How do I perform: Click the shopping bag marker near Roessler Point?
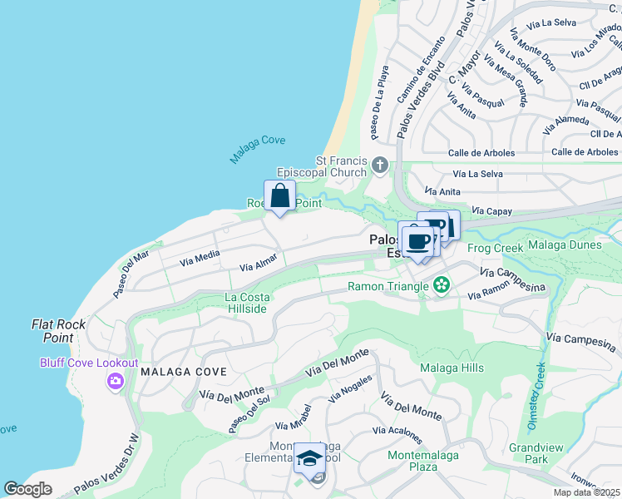click(280, 197)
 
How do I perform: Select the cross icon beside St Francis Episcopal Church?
click(380, 163)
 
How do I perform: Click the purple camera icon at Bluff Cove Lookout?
click(114, 381)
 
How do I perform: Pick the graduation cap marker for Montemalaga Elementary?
click(309, 459)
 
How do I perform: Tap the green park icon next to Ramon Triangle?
click(442, 286)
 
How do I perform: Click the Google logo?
click(28, 489)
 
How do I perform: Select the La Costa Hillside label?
click(246, 303)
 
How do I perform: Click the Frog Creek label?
click(495, 248)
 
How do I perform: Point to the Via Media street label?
click(200, 258)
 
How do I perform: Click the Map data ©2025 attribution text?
click(587, 492)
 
